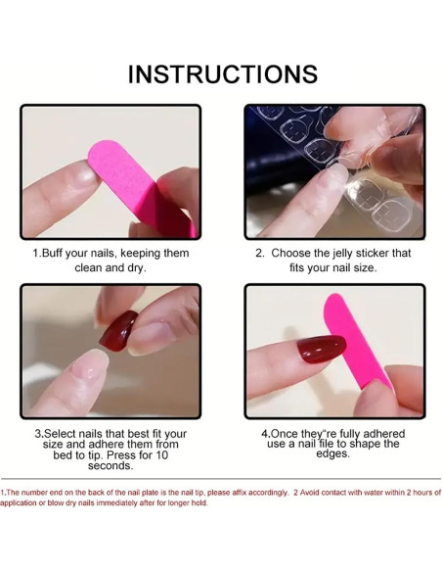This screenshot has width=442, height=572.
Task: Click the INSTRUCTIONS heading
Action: (223, 74)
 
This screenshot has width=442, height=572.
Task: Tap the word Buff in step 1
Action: (52, 253)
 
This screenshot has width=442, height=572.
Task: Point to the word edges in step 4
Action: (332, 454)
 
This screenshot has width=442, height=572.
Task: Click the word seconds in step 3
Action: (110, 466)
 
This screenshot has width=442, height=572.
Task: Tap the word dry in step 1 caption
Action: (136, 268)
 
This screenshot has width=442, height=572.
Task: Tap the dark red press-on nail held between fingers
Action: (117, 330)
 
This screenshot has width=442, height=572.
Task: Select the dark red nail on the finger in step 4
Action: (322, 349)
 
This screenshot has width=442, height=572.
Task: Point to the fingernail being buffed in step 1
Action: (83, 175)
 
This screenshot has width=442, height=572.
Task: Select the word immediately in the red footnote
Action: (117, 503)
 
